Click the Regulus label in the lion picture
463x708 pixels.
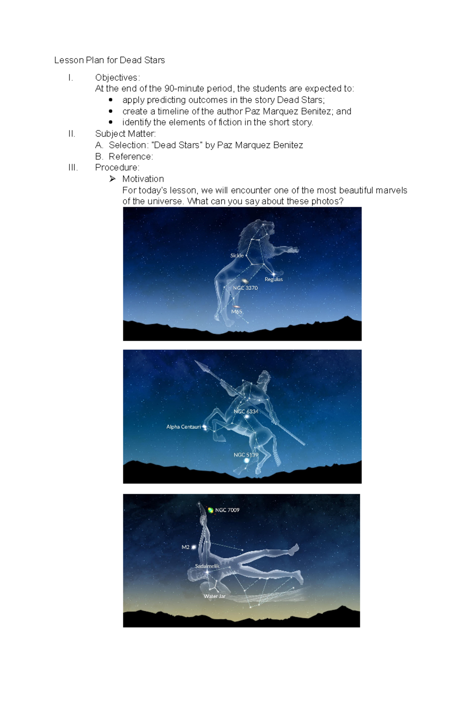pyautogui.click(x=274, y=279)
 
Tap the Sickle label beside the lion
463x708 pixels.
pyautogui.click(x=237, y=255)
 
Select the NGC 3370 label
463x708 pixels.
pyautogui.click(x=245, y=288)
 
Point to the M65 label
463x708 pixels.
pyautogui.click(x=237, y=312)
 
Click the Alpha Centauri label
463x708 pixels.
pyautogui.click(x=183, y=427)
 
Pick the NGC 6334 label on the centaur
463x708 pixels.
pyautogui.click(x=246, y=412)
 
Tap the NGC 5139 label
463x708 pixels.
pyautogui.click(x=246, y=455)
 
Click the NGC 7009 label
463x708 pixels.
pyautogui.click(x=227, y=510)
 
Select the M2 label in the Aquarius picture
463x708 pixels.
pyautogui.click(x=186, y=547)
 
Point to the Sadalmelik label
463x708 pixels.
pyautogui.click(x=207, y=566)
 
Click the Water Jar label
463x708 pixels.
pyautogui.click(x=215, y=596)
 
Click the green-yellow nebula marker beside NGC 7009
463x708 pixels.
pyautogui.click(x=211, y=510)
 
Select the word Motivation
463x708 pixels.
pyautogui.click(x=143, y=179)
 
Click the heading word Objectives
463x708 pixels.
pyautogui.click(x=116, y=78)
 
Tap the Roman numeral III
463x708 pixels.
pyautogui.click(x=73, y=167)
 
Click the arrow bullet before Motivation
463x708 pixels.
pyautogui.click(x=112, y=179)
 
